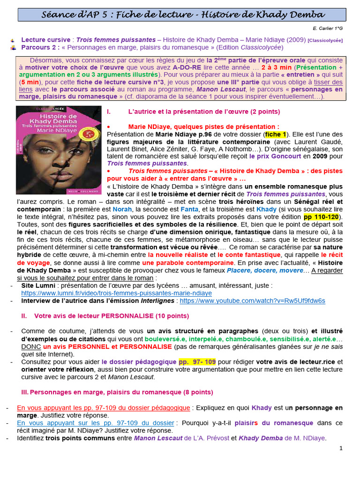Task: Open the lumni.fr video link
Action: [117, 293]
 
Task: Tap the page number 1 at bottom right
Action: [341, 448]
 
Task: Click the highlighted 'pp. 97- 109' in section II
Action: [197, 362]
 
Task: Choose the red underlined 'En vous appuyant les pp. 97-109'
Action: [104, 408]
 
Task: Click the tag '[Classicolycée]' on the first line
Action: [325, 40]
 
